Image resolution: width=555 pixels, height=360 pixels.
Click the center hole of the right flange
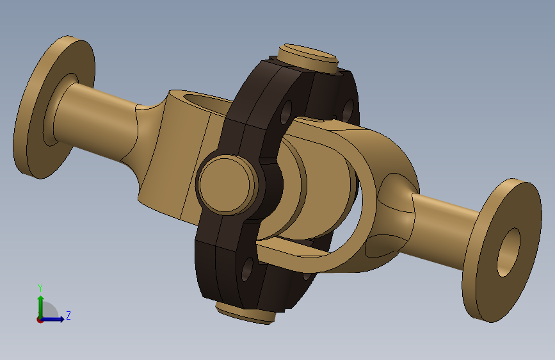coord(508,252)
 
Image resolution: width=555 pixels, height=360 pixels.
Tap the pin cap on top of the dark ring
coord(307,58)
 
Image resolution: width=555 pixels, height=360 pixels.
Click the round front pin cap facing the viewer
coord(227,185)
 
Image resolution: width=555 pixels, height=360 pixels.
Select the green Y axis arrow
coord(41,306)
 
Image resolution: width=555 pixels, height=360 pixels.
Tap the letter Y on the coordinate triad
coord(40,288)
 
